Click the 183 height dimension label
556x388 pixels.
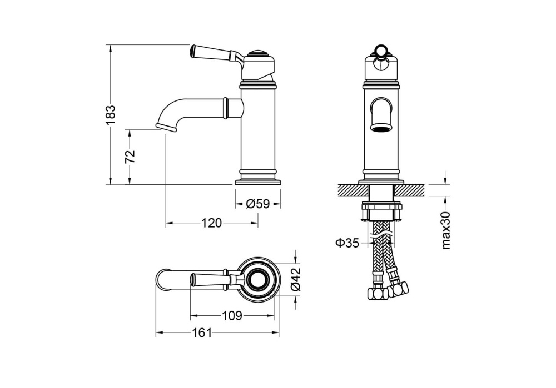[x=111, y=114]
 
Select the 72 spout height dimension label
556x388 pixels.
[x=130, y=157]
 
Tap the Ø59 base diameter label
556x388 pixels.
[x=257, y=204]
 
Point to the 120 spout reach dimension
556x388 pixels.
[x=211, y=223]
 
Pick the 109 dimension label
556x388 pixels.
[x=232, y=316]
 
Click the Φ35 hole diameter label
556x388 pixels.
[x=347, y=242]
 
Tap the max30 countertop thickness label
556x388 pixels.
[x=446, y=230]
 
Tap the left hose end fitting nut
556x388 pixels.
[x=376, y=294]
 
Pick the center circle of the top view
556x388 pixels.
[x=257, y=279]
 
